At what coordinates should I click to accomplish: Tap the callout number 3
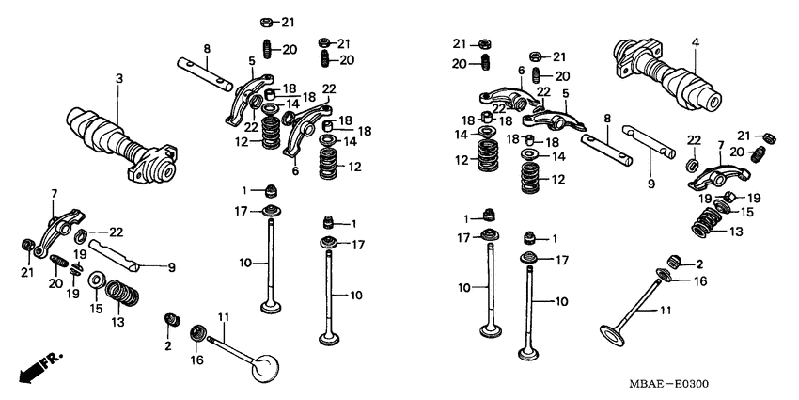coord(119,77)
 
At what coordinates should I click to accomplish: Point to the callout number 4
coord(695,41)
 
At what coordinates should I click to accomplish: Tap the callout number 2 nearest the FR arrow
coord(168,346)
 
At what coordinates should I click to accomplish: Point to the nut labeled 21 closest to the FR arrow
coord(28,248)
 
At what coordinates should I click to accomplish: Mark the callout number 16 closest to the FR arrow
coord(197,360)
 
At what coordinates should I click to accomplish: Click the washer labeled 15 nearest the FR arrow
coord(96,280)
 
